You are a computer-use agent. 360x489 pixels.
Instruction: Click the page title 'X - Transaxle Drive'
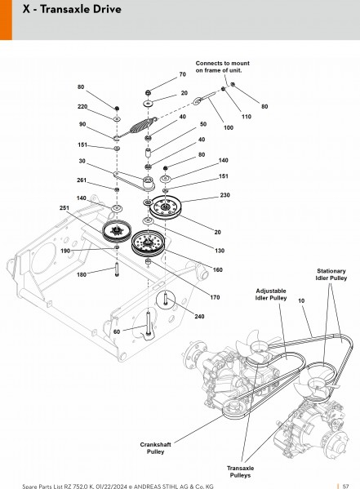(x=72, y=9)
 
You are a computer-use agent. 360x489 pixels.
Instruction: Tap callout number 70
(x=183, y=74)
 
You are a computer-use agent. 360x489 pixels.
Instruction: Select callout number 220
(x=82, y=107)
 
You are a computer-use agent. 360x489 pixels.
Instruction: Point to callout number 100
(x=229, y=127)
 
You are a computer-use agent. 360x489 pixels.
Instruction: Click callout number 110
(x=247, y=117)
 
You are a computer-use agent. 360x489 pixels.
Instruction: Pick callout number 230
(x=224, y=195)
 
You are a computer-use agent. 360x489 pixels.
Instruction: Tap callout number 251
(x=64, y=208)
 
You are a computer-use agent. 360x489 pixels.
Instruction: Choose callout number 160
(x=217, y=269)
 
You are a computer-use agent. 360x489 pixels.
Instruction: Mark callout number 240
(x=199, y=317)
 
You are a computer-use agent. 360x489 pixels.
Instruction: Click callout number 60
(x=117, y=331)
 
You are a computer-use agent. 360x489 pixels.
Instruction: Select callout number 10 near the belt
(x=301, y=301)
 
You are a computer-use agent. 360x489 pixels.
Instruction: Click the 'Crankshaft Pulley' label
(x=155, y=448)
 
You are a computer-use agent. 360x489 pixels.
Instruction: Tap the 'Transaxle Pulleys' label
(x=240, y=472)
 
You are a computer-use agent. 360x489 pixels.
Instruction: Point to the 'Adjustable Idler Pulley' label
(x=271, y=295)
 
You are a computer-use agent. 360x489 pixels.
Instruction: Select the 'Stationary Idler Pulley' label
(x=331, y=274)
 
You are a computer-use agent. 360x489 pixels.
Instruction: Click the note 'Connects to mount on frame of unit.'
(x=222, y=67)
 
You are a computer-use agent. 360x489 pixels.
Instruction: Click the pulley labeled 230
(x=166, y=207)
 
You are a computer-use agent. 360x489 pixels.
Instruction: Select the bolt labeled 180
(x=117, y=269)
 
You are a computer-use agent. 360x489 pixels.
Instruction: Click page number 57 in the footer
(x=345, y=487)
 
